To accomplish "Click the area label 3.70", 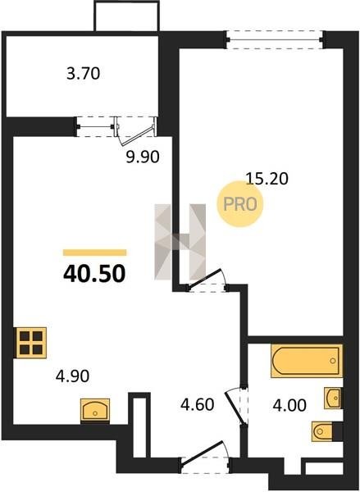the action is pos(83,74).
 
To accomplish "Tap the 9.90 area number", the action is pos(143,157).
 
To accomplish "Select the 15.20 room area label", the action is pos(267,179).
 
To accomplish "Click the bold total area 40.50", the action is pos(94,274).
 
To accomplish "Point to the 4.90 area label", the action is pos(72,376).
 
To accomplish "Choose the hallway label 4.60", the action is pos(198,404).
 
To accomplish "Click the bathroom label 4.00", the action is pos(289,405).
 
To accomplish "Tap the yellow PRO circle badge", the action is pos(240,204).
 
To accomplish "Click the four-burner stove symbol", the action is pos(31,343).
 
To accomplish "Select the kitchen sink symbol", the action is pos(95,411).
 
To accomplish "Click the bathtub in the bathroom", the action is pos(307,361).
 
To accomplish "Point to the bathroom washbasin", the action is pos(333,399).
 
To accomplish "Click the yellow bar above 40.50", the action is pos(95,253).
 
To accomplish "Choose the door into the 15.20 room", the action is pos(207,280).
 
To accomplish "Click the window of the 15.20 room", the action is pos(275,39).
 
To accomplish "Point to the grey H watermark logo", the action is pos(180,242).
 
